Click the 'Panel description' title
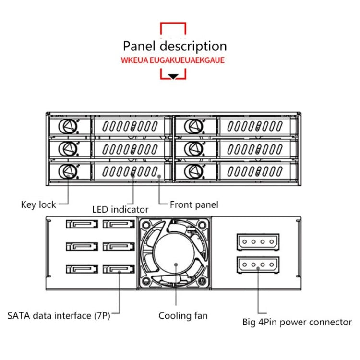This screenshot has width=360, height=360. pos(175,47)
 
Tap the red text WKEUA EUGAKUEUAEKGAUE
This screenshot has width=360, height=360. pos(173,61)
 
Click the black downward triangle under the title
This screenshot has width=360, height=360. pos(173,76)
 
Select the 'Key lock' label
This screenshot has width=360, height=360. pos(38,204)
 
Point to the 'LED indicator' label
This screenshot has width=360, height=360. pos(120,209)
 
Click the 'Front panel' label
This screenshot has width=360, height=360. pos(194,205)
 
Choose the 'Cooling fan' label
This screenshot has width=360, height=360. pos(183,316)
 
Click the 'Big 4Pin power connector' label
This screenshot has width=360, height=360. pos(297,322)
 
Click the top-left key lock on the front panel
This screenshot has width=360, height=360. pos(68,126)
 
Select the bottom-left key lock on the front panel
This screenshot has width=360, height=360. pos(68,170)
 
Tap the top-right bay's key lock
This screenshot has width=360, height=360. pos(193,126)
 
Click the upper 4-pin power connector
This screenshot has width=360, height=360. pos(258,241)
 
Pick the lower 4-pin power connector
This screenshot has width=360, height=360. pos(258,264)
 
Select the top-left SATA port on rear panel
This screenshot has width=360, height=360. pos(82,224)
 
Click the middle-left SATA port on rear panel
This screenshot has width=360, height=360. pos(82,247)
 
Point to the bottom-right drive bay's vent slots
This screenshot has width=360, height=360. pos(254,171)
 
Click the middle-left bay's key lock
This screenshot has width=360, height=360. pos(68,148)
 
